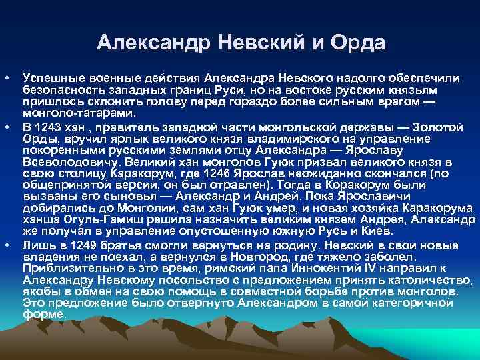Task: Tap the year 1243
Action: point(45,127)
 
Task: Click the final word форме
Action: point(43,315)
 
